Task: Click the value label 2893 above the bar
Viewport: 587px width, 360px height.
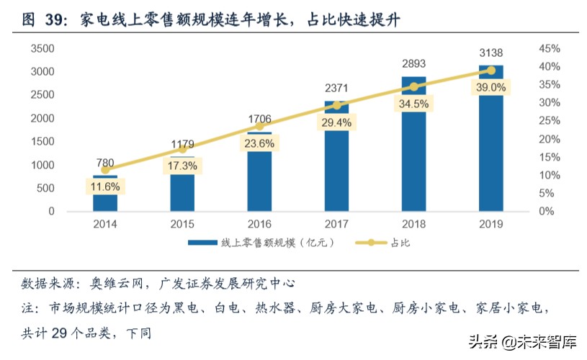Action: pyautogui.click(x=413, y=63)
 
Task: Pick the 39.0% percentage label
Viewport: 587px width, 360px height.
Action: pyautogui.click(x=490, y=87)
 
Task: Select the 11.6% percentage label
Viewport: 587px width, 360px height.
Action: pyautogui.click(x=105, y=186)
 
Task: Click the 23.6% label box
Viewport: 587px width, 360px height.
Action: pyautogui.click(x=259, y=143)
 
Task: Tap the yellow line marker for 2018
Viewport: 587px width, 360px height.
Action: pyautogui.click(x=413, y=86)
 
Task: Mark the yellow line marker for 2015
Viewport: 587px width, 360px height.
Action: pyautogui.click(x=182, y=149)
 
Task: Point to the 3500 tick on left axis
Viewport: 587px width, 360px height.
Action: pyautogui.click(x=42, y=48)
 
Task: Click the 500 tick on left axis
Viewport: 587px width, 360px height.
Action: pyautogui.click(x=45, y=189)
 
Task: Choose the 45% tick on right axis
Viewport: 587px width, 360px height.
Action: pyautogui.click(x=550, y=48)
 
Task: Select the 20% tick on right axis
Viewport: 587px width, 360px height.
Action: pyautogui.click(x=550, y=139)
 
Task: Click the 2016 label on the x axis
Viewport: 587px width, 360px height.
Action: pyautogui.click(x=259, y=225)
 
